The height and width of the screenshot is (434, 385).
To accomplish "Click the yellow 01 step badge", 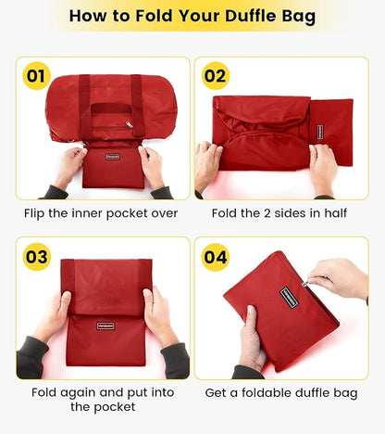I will pyautogui.click(x=36, y=75).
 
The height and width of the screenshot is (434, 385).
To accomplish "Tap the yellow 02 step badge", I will pyautogui.click(x=215, y=75).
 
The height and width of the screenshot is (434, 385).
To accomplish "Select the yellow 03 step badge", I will pyautogui.click(x=36, y=255).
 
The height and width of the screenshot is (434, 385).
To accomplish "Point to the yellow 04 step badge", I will pyautogui.click(x=215, y=255).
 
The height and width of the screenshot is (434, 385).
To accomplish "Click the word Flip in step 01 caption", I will pyautogui.click(x=40, y=213).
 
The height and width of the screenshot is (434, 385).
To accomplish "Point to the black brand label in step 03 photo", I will pyautogui.click(x=107, y=325).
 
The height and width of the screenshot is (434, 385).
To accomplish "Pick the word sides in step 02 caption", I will pyautogui.click(x=274, y=213).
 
